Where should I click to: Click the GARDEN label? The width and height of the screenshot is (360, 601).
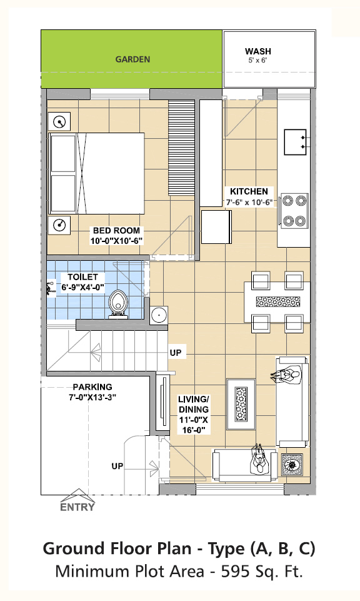click(132, 59)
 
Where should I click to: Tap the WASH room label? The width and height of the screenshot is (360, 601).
click(257, 51)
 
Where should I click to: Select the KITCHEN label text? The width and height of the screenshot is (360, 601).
click(249, 191)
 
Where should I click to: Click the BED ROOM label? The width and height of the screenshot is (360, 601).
click(116, 231)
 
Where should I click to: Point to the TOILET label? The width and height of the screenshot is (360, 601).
click(82, 277)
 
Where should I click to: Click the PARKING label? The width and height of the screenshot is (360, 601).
click(92, 387)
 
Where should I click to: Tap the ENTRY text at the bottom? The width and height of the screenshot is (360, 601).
click(77, 507)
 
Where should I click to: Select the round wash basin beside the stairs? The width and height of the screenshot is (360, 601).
click(158, 315)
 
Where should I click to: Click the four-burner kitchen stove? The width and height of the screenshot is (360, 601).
click(294, 211)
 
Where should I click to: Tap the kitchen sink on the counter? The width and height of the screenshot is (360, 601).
click(295, 142)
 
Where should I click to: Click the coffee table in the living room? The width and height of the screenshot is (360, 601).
click(241, 405)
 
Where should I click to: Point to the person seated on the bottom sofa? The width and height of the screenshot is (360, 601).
click(259, 459)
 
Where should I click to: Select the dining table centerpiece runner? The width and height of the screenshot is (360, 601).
click(277, 301)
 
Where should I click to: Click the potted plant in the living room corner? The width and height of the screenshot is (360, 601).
click(292, 465)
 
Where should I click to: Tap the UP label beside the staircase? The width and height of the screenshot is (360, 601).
click(176, 352)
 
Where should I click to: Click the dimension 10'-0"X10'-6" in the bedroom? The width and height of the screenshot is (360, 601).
click(116, 241)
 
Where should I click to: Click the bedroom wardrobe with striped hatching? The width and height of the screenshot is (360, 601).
click(181, 148)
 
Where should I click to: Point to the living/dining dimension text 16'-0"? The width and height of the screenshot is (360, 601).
click(196, 430)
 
